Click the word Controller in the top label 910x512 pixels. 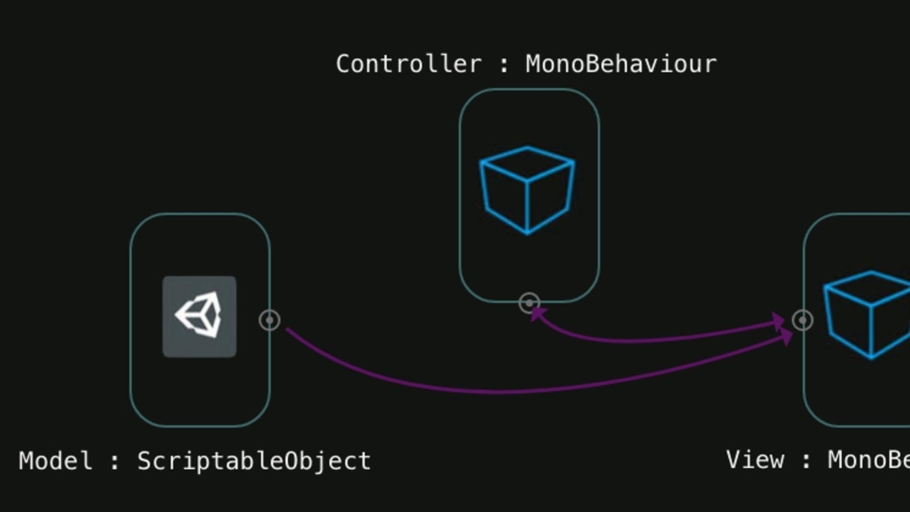click(408, 64)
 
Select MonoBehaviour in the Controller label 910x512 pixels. click(621, 64)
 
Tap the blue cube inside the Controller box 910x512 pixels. click(527, 190)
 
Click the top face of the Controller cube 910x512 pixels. click(527, 163)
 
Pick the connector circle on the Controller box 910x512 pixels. click(530, 303)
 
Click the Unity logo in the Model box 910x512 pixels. click(200, 316)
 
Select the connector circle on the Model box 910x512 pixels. click(270, 320)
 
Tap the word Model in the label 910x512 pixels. click(55, 461)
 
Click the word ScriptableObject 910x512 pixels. click(254, 461)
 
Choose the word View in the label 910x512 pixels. click(755, 460)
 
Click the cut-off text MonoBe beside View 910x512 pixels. click(868, 460)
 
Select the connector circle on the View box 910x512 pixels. click(803, 320)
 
